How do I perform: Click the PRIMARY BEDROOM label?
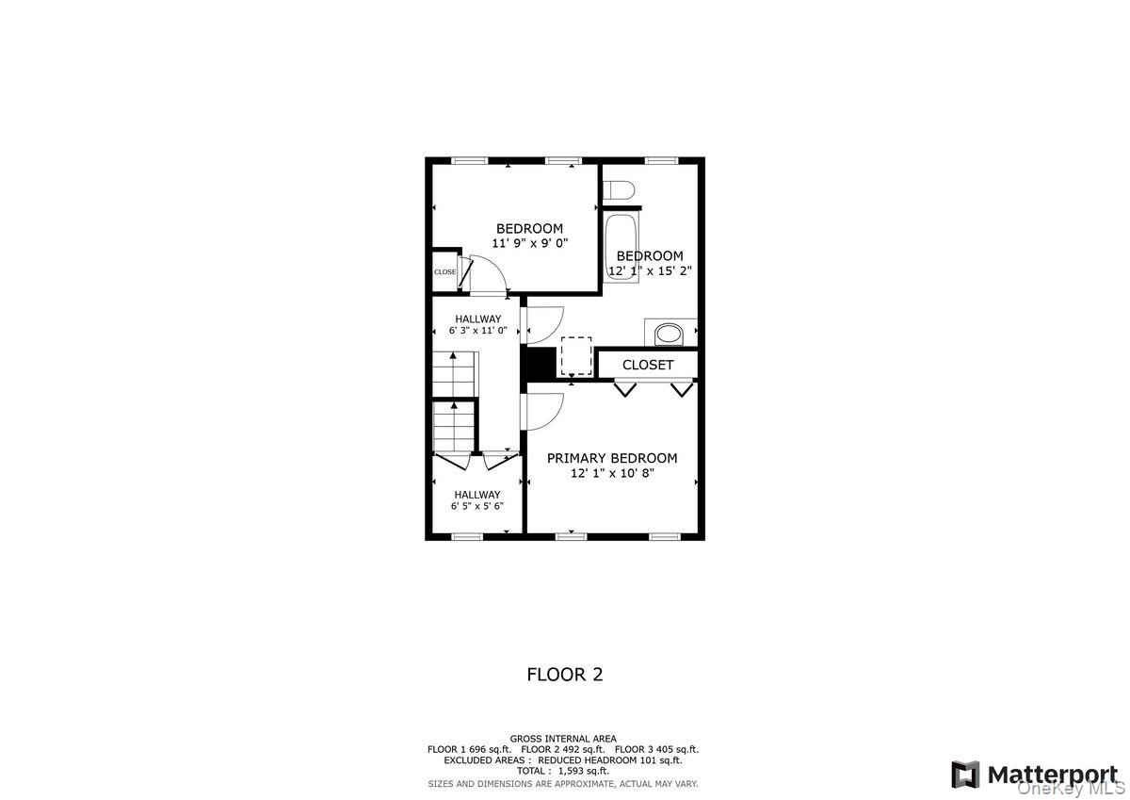click(612, 458)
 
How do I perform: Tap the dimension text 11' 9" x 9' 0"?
click(529, 243)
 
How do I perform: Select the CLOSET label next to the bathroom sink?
click(648, 365)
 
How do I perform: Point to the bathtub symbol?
click(621, 247)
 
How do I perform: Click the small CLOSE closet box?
click(445, 272)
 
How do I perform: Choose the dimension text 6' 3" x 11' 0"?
click(477, 331)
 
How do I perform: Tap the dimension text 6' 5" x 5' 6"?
click(477, 506)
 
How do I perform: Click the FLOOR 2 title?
click(564, 675)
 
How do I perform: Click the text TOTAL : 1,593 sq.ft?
click(563, 770)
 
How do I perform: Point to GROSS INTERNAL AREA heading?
click(563, 739)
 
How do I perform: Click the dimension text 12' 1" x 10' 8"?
click(612, 473)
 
